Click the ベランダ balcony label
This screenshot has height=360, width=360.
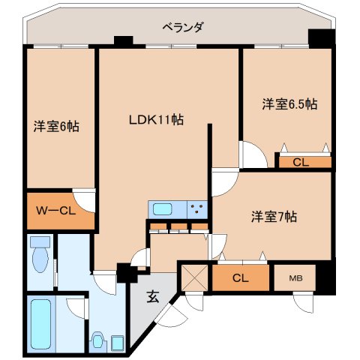[183, 27]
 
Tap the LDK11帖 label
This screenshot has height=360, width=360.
[156, 119]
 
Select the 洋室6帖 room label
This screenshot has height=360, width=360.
[57, 127]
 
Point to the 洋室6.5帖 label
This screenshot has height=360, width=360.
[290, 104]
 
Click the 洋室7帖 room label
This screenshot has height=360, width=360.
[274, 217]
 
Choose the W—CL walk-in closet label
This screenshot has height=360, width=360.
[56, 211]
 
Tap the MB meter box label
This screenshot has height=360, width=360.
[295, 278]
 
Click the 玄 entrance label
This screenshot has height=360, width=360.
[153, 297]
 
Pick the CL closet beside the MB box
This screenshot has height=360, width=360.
[240, 277]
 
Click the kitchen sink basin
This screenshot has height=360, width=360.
[163, 209]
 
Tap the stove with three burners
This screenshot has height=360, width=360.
[197, 209]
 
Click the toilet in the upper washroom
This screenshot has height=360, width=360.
[40, 254]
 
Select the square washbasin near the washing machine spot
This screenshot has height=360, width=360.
[117, 343]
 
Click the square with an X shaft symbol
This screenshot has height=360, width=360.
[195, 278]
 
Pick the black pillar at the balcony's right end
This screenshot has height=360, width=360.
[322, 39]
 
